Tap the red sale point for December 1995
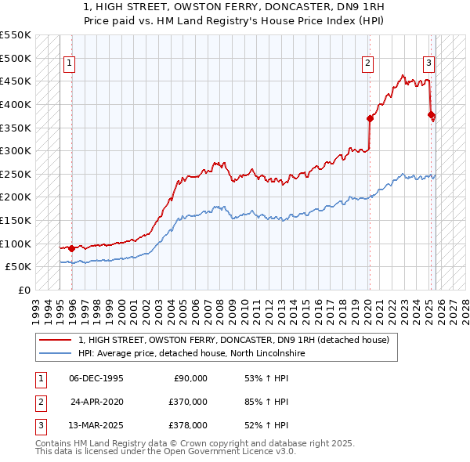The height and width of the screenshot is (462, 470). (x=72, y=248)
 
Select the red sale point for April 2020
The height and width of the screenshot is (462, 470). (x=370, y=118)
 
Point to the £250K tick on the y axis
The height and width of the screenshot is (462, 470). (x=16, y=174)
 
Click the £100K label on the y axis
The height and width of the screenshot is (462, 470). (x=16, y=244)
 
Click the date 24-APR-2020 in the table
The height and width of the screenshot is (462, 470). (x=97, y=402)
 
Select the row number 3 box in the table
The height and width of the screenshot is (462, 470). (x=39, y=425)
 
